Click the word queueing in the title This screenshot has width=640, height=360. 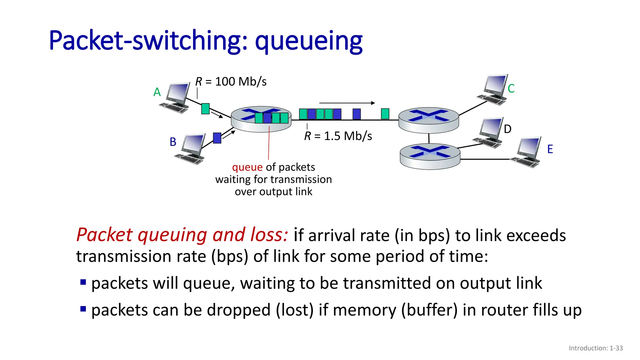coord(308,42)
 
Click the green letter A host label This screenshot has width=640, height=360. coord(157,92)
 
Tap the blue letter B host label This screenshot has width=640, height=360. coord(173,142)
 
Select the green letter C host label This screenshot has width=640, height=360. coord(511,89)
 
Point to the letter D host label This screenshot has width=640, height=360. coord(507,129)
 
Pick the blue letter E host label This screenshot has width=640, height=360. coord(550,149)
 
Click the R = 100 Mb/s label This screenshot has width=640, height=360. coord(231,82)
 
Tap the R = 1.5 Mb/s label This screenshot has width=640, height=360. coord(338,136)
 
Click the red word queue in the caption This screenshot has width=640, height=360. coord(247,167)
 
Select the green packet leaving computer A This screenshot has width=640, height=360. coord(205,109)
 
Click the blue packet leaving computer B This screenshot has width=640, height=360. coord(217,138)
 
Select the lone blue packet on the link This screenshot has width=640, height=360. coord(357,114)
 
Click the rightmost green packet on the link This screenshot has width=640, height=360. coord(385,114)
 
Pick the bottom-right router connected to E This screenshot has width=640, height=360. coord(430,156)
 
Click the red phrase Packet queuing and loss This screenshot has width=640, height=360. coord(182,235)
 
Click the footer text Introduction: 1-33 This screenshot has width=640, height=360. coord(596,348)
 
